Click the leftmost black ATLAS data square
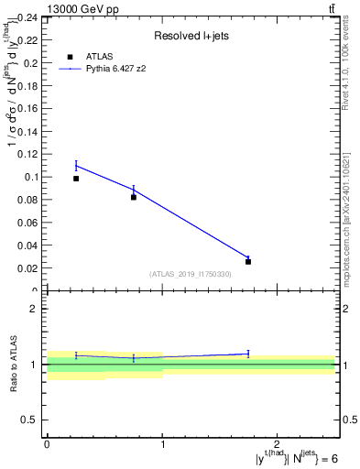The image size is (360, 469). click(76, 179)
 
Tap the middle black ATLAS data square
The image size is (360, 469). click(134, 197)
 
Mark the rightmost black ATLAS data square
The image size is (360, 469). click(248, 261)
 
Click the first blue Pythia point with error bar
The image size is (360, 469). click(76, 166)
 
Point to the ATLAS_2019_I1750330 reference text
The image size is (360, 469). click(191, 274)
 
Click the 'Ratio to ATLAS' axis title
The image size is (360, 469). click(15, 365)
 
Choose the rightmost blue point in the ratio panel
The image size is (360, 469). click(248, 354)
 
